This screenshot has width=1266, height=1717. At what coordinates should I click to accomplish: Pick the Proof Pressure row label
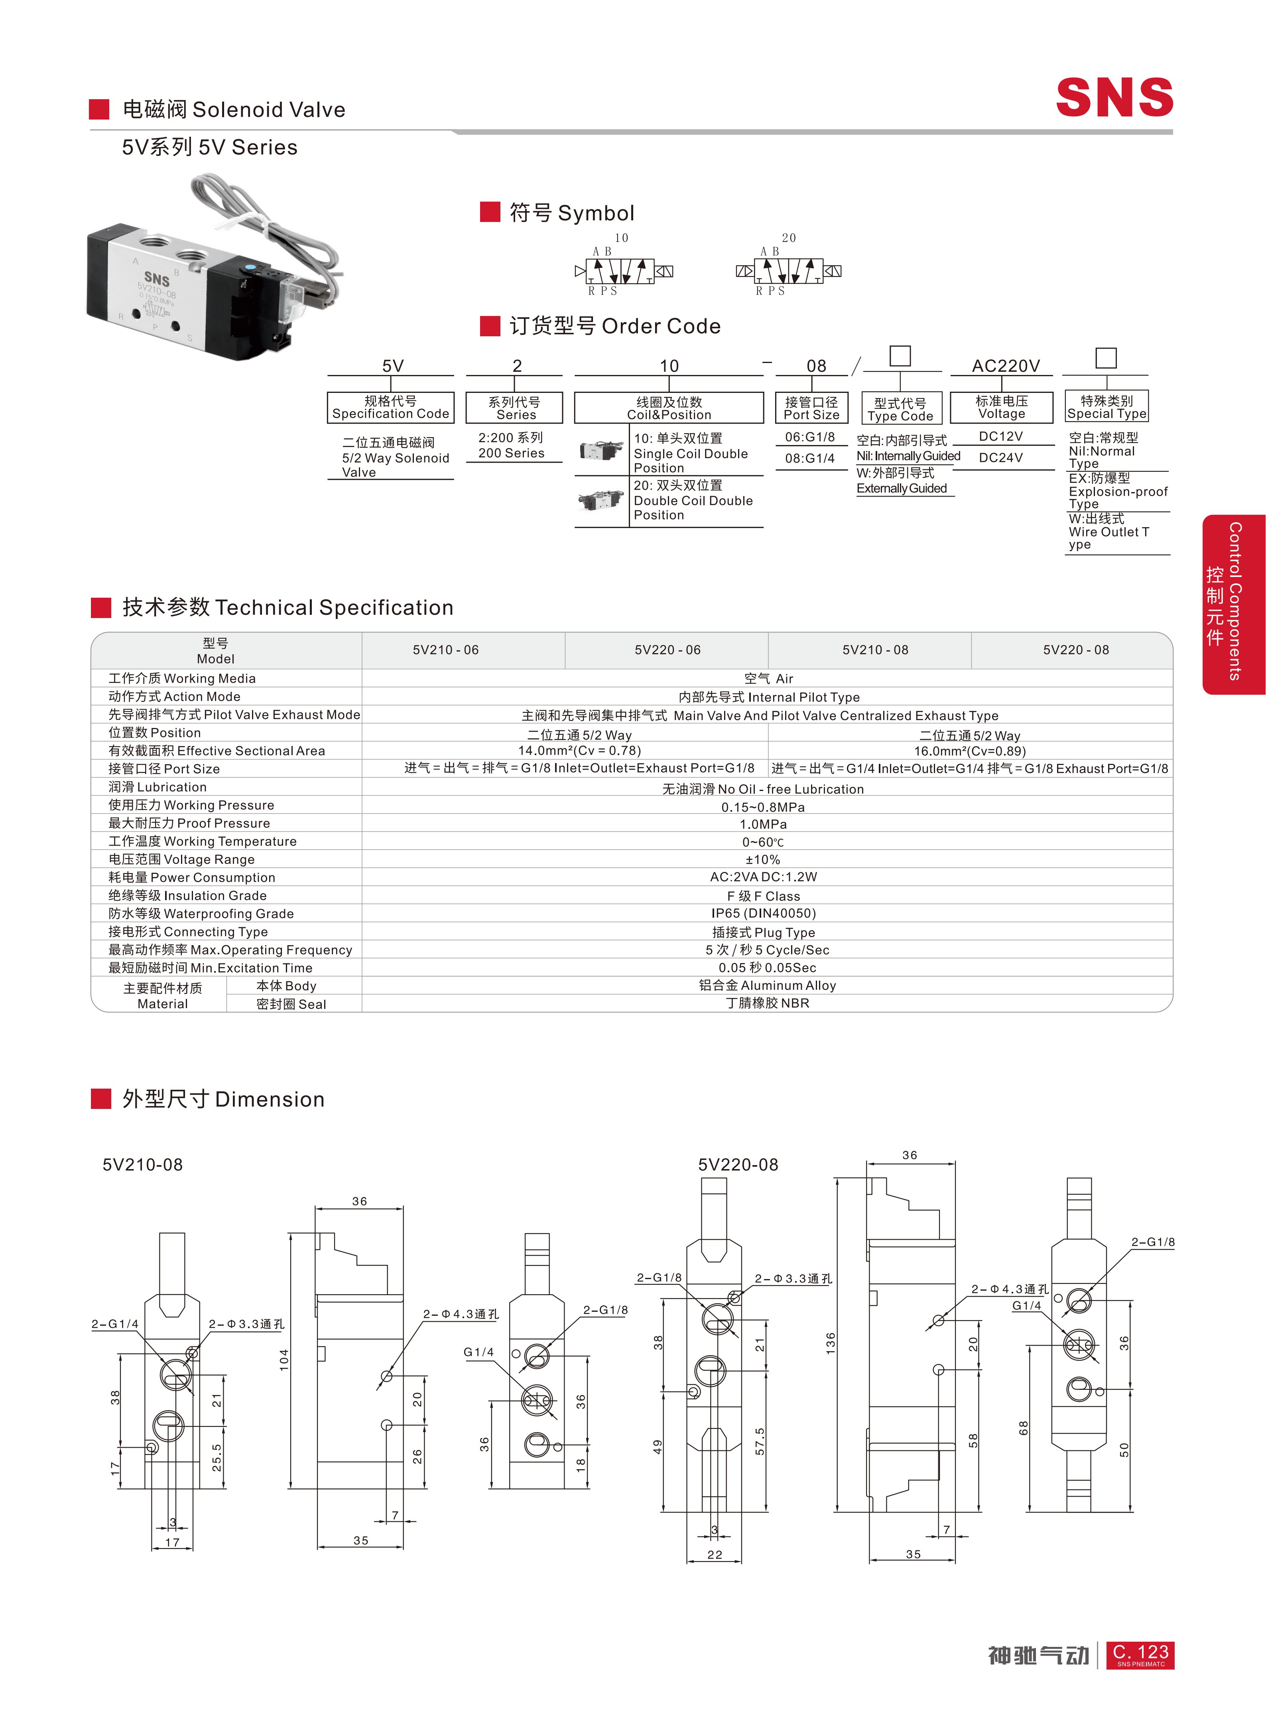coord(189,823)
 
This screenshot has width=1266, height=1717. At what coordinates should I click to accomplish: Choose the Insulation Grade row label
coord(188,895)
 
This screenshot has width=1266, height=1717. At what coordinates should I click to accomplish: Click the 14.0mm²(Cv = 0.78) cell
coord(579,751)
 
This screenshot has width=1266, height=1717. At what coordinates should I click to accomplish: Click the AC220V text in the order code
coord(1006,366)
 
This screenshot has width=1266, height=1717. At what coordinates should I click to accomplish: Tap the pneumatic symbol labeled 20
coord(789,270)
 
